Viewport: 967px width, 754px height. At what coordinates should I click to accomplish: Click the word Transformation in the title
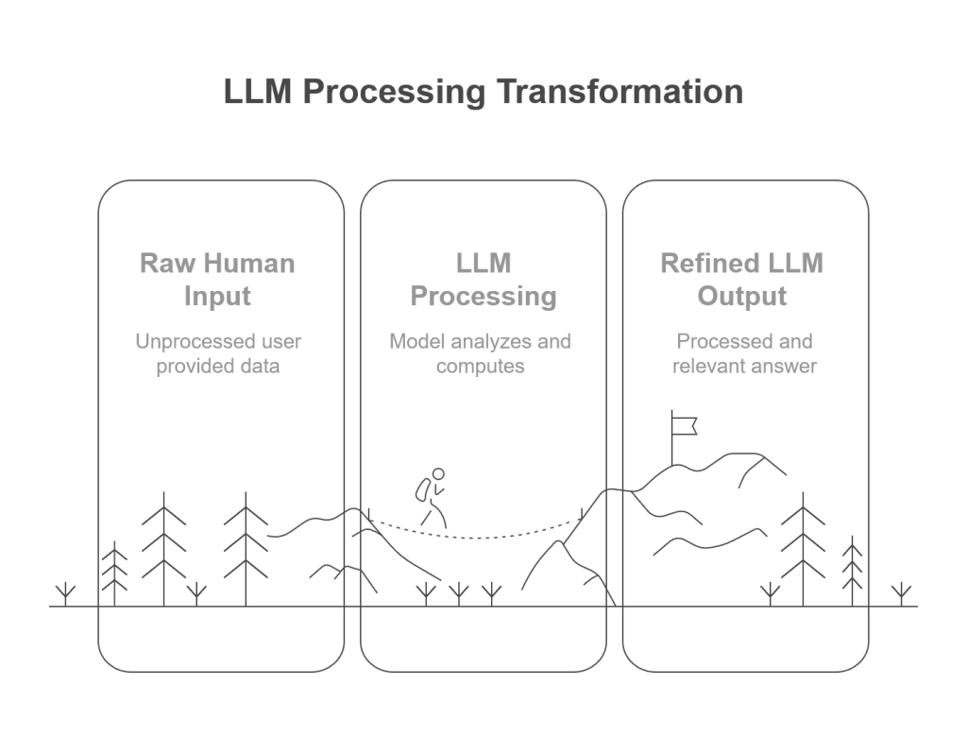coord(619,92)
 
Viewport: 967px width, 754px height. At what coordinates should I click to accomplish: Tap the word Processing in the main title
coord(394,93)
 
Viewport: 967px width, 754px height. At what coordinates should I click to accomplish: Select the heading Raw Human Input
coord(218,280)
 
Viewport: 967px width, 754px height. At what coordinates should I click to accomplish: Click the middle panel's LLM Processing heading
coord(483,280)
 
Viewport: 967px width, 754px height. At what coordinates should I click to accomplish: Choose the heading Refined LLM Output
coord(742,280)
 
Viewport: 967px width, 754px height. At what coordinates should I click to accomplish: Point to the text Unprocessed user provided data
coord(218,353)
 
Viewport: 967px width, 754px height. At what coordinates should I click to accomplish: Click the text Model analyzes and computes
coord(481,353)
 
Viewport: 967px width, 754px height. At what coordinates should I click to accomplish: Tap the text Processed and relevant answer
coord(744,353)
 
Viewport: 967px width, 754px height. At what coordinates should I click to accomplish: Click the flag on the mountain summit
coord(684,426)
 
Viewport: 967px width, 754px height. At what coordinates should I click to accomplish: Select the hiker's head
coord(438,474)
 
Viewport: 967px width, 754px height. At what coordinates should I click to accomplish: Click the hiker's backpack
coord(423,490)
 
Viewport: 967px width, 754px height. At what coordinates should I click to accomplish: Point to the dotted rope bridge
coord(476,531)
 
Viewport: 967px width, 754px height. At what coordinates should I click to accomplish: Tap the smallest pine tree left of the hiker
coord(114,574)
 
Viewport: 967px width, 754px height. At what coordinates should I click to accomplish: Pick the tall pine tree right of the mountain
coord(803,549)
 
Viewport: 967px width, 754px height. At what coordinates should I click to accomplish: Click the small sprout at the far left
coord(65,594)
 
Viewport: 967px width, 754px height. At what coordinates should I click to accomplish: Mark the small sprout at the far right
coord(901,594)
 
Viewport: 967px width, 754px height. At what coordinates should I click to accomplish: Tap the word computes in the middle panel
coord(481,367)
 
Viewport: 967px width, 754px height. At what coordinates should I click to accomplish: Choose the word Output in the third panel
coord(742,296)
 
